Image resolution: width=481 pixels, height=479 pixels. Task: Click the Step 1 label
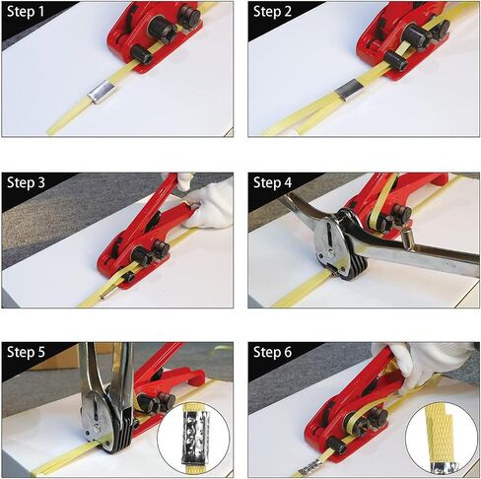26,12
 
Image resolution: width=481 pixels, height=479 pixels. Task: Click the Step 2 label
272,12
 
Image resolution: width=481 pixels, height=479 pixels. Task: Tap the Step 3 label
26,182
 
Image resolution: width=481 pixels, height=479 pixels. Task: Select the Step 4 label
272,182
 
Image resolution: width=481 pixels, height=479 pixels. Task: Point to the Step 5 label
26,352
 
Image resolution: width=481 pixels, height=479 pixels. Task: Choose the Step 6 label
272,352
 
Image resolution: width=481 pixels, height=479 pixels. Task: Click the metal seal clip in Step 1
100,93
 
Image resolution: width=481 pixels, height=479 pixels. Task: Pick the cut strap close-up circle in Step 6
442,437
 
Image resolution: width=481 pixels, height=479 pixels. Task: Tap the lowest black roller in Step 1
141,54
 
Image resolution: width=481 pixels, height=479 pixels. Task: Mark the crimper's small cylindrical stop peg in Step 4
406,236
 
